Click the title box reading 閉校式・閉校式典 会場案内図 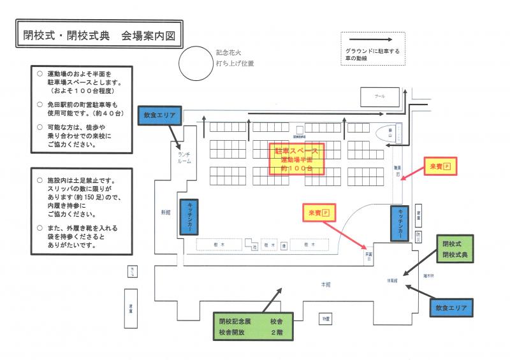tap(98, 36)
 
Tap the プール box tap(380, 97)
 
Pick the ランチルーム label tap(184, 157)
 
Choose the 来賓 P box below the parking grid tap(318, 212)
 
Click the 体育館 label tap(392, 280)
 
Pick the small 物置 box tap(325, 318)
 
